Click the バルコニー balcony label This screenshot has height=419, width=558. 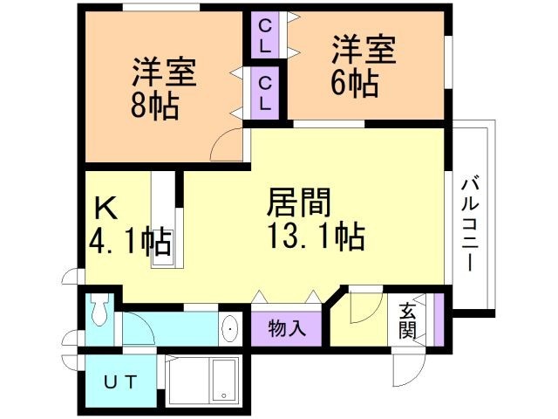tap(471, 225)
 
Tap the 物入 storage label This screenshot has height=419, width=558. tap(287, 328)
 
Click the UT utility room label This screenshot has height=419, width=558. tap(120, 382)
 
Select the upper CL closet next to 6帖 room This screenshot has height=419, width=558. tap(264, 36)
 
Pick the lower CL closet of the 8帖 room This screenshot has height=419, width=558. tap(264, 93)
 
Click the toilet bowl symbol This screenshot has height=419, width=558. tap(100, 309)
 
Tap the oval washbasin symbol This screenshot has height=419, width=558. tap(230, 328)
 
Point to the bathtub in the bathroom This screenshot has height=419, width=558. tap(224, 381)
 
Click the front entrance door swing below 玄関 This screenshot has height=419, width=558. tap(409, 369)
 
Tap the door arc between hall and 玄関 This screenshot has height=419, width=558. tap(366, 307)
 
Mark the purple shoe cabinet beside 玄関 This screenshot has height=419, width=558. tap(439, 319)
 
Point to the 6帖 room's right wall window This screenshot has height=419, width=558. tap(449, 61)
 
